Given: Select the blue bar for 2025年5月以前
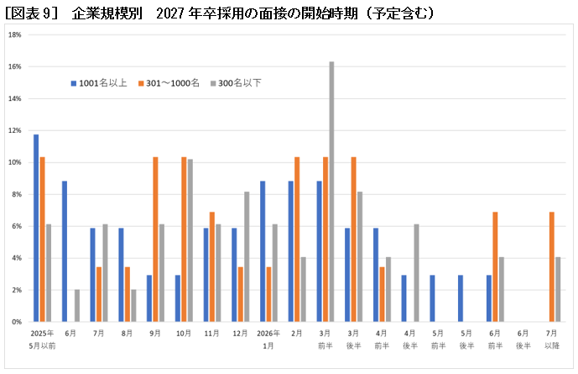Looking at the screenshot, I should point(36,228).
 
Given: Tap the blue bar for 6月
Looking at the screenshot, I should point(65,251).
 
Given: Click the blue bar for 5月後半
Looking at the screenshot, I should point(461,298).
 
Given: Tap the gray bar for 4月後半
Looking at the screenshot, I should point(417,272).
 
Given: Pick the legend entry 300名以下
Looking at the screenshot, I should point(240,83).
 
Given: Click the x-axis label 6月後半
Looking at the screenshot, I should point(523,338).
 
